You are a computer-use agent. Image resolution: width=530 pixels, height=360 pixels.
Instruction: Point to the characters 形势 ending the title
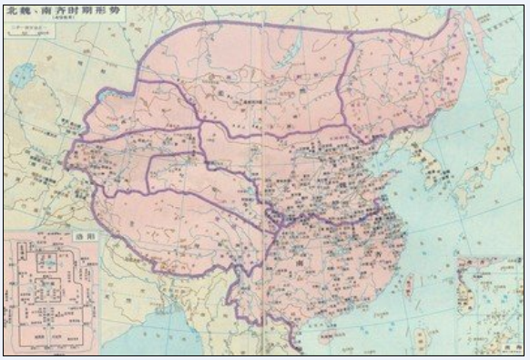(x=107, y=11)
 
